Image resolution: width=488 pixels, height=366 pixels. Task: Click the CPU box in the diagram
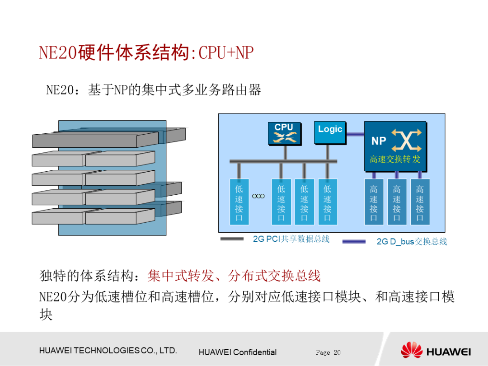(284, 133)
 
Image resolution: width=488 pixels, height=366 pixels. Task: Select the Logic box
(330, 132)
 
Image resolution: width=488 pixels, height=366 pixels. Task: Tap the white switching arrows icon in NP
(406, 140)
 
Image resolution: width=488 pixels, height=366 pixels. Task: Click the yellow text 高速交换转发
(395, 160)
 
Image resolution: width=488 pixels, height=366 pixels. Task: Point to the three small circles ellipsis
(258, 196)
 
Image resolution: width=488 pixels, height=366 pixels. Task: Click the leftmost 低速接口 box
(239, 202)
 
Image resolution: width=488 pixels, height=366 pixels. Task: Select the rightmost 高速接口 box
(420, 202)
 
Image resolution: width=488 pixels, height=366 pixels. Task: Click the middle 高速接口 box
(397, 202)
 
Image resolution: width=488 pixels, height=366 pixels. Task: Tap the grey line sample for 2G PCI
(232, 239)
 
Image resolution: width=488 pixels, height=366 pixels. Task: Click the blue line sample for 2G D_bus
(354, 242)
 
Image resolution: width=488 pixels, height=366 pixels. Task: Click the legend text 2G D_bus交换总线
(412, 242)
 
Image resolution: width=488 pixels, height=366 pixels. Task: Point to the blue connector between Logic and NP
(355, 134)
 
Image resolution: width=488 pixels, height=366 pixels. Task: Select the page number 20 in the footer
(337, 352)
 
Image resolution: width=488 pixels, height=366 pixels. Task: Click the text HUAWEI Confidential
(237, 352)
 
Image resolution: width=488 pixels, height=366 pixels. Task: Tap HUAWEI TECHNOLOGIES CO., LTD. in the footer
(108, 351)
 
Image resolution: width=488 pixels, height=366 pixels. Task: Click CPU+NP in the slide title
(226, 53)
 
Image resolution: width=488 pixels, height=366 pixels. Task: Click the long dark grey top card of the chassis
(95, 140)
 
